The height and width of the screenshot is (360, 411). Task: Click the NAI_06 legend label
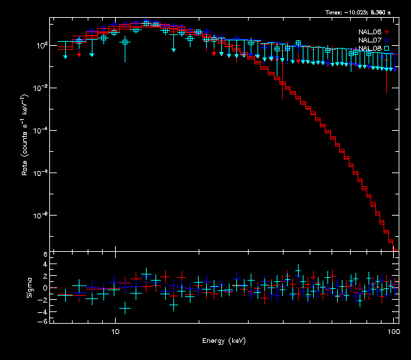(370, 31)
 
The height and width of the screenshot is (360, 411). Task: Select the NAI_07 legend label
(370, 40)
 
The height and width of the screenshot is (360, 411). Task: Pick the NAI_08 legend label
(370, 49)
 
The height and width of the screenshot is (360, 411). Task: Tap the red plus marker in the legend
(387, 31)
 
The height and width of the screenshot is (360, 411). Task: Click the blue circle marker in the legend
(387, 40)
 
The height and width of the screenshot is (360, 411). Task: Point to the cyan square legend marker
(387, 49)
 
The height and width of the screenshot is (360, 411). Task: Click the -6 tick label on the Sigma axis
(44, 321)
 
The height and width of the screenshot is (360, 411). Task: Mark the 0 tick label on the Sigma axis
(45, 287)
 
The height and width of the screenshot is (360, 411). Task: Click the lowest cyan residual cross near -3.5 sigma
(125, 309)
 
